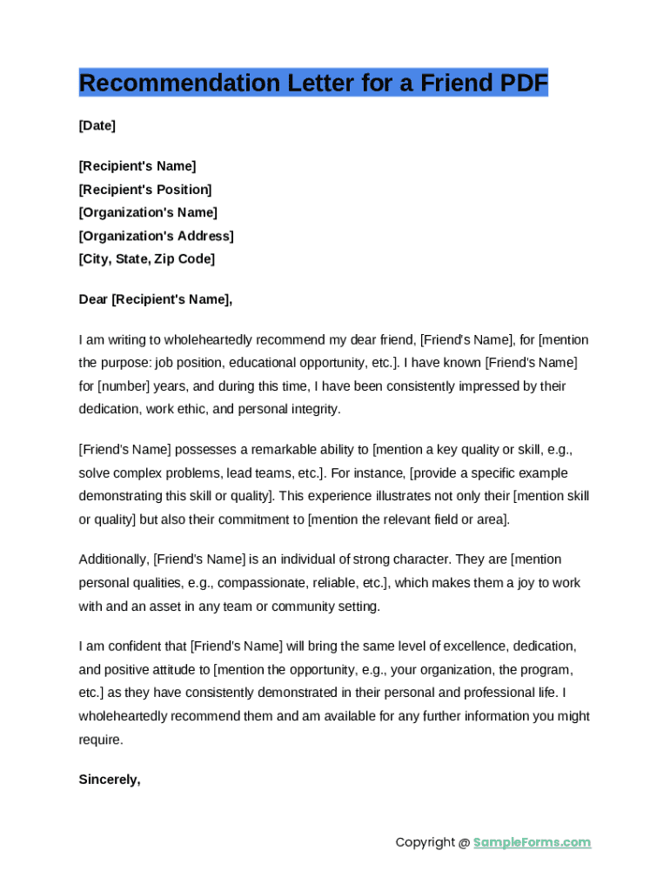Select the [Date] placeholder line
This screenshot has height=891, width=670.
coord(97,125)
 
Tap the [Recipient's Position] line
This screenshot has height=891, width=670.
coord(145,190)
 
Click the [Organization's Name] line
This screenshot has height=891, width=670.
coord(148,212)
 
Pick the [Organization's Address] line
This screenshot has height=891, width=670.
coord(156,236)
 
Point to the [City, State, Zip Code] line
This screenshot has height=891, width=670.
coord(146,259)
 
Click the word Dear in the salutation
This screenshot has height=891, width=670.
coord(93,299)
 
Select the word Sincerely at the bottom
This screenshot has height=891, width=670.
coord(109,780)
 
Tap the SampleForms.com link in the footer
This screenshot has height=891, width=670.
coord(532,842)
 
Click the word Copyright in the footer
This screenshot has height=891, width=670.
coord(425,842)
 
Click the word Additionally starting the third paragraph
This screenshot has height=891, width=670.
coord(113,559)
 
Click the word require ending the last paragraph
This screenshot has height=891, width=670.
coord(99,740)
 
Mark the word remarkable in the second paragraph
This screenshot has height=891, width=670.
coord(283,450)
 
